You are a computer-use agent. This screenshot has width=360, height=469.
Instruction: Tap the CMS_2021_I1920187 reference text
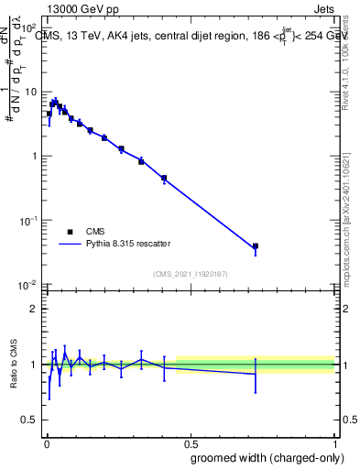pos(190,274)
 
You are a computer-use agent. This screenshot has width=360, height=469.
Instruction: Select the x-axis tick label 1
pos(336,441)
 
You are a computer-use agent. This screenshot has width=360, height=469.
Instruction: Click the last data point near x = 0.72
pos(256,246)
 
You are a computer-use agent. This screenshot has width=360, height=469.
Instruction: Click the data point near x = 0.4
pos(163,178)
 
